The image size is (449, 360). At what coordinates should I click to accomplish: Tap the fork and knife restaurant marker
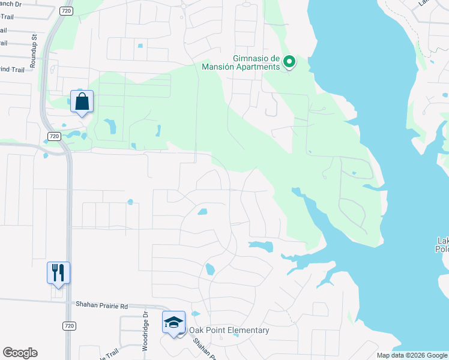58,273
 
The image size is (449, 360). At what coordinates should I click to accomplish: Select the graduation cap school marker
173,322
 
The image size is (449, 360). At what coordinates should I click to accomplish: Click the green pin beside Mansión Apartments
289,62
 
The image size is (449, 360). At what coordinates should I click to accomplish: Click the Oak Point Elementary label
229,330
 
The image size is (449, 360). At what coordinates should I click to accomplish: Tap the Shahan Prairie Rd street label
102,305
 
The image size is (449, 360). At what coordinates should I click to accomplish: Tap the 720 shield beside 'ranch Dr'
67,11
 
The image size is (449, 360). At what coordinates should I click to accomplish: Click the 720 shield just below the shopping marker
54,136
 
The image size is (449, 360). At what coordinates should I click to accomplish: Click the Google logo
20,352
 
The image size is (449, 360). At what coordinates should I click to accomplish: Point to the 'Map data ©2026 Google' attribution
412,355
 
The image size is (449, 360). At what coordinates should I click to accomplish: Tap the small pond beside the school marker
196,314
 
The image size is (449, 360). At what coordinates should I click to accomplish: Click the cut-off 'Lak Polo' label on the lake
442,245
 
